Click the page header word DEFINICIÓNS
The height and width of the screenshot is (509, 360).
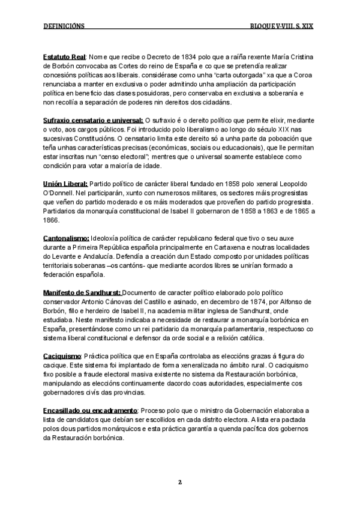pyautogui.click(x=64, y=26)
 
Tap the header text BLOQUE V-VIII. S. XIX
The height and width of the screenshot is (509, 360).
pyautogui.click(x=283, y=26)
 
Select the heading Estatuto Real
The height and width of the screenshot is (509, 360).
pyautogui.click(x=65, y=56)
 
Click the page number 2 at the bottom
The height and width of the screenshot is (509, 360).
pyautogui.click(x=179, y=482)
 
